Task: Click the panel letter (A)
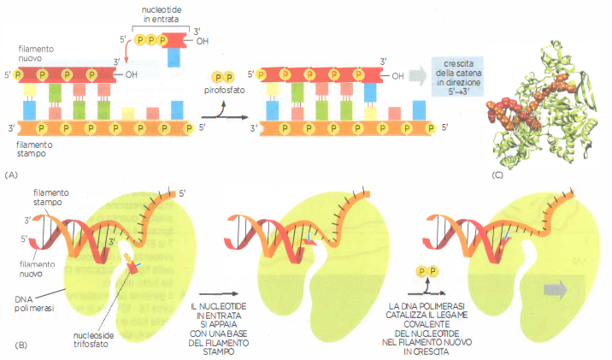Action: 11,173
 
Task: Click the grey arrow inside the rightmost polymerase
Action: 556,289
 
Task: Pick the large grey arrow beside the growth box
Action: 418,75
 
